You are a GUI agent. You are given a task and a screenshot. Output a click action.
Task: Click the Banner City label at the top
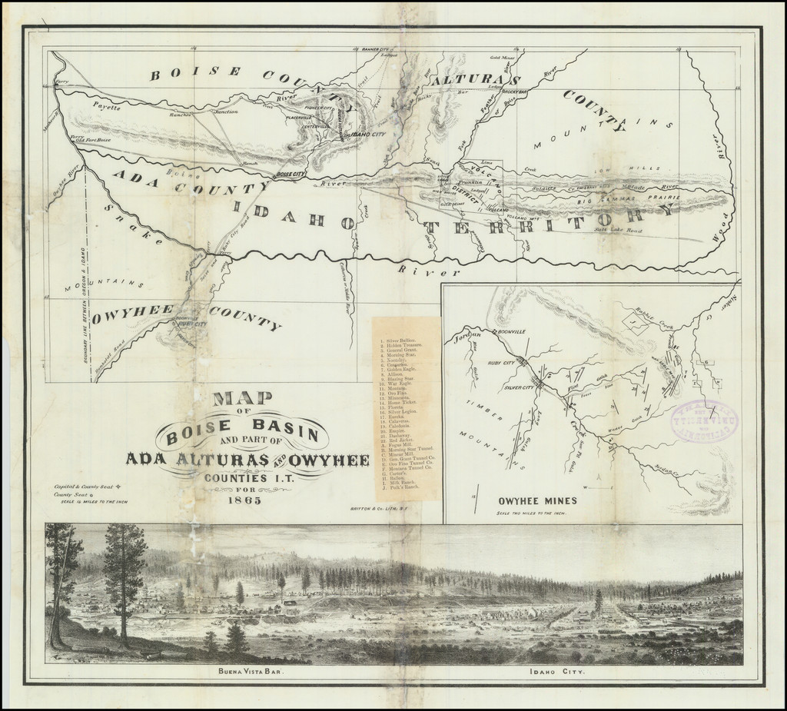[x=370, y=49]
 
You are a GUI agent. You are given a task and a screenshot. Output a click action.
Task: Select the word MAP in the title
[x=243, y=398]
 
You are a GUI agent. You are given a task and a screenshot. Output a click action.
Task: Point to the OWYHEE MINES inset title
[x=537, y=501]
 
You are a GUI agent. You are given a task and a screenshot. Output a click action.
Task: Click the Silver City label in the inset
[x=519, y=388]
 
